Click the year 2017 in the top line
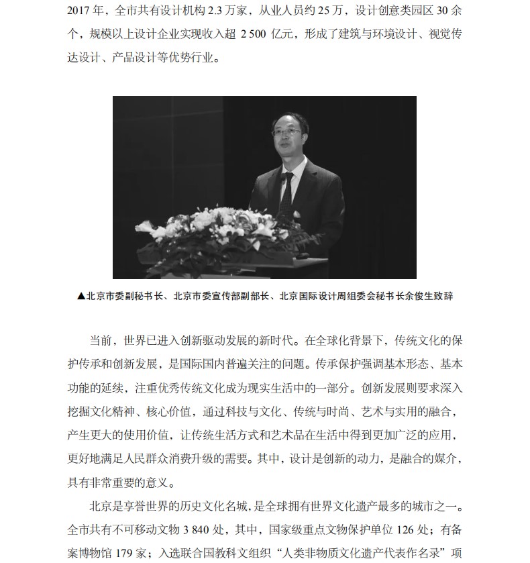[81, 11]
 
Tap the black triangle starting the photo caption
[81, 296]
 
